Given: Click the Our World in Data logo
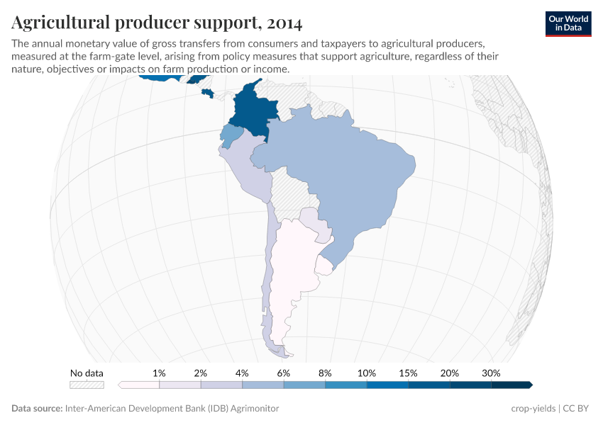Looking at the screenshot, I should pos(568,23).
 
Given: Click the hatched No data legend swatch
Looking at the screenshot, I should pos(87,385).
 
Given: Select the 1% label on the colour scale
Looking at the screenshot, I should pos(159,373).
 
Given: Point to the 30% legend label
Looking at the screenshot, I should pos(491,373).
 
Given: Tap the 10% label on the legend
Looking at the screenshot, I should pos(367,373).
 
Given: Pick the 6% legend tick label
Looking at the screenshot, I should pos(284,373).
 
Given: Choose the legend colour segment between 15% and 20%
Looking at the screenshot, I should pos(429,385).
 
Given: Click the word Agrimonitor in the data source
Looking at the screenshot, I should pos(254,409).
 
